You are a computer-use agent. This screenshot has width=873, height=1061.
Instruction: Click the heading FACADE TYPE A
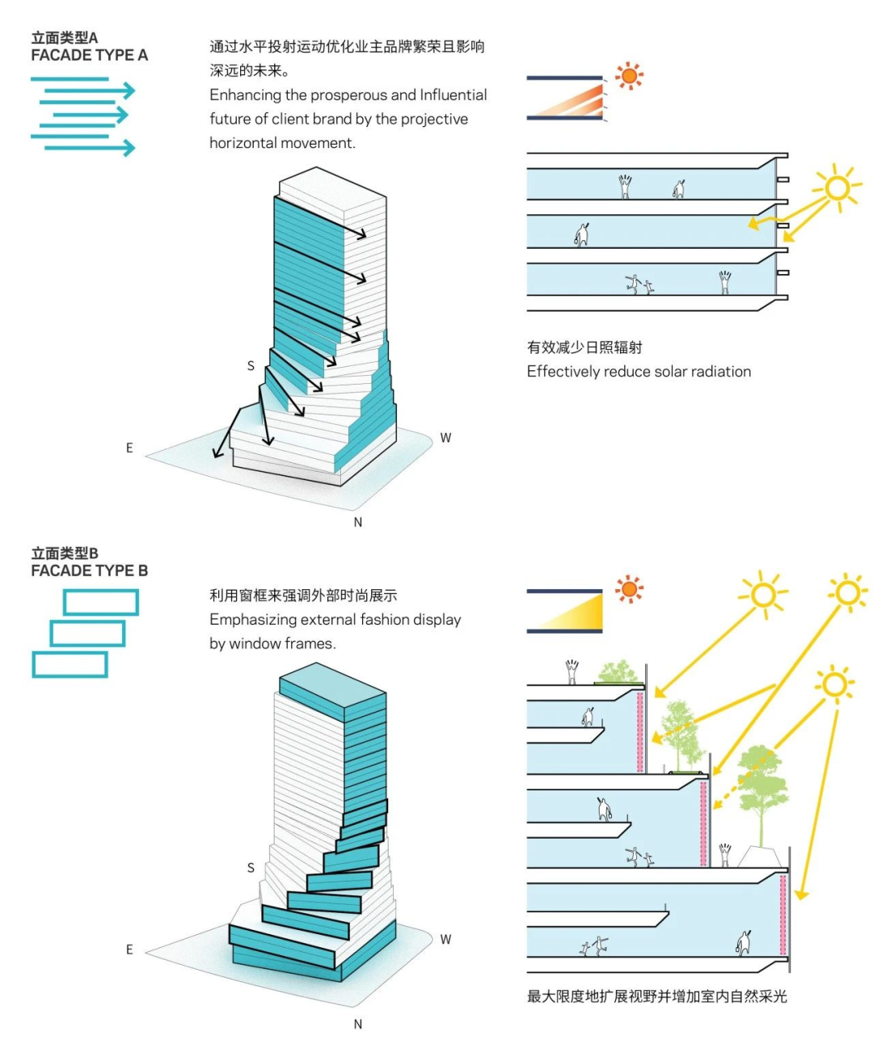[x=89, y=55]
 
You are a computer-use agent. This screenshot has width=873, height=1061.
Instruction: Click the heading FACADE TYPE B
[x=89, y=570]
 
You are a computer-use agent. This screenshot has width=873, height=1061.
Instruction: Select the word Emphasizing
[x=253, y=620]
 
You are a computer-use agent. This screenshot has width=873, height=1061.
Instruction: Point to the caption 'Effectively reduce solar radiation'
[x=639, y=372]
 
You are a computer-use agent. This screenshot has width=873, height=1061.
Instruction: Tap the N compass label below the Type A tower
[x=358, y=523]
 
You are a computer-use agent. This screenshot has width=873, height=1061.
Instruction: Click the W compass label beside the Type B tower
[x=445, y=939]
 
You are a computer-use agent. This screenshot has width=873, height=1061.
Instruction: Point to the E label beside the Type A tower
[x=129, y=448]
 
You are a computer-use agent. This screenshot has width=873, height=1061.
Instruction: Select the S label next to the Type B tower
[x=251, y=868]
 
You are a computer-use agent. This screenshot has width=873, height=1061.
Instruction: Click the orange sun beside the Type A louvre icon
[x=629, y=76]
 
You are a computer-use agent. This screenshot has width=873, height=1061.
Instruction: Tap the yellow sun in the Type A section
[x=837, y=188]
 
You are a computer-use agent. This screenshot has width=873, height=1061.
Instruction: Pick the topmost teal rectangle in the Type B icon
[x=101, y=602]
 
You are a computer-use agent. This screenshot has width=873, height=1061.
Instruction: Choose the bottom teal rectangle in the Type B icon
[x=70, y=664]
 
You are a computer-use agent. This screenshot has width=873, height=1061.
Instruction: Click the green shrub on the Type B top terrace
[x=618, y=672]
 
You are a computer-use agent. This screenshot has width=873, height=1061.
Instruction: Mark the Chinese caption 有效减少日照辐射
[x=584, y=347]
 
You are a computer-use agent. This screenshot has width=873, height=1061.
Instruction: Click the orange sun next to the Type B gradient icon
[x=629, y=589]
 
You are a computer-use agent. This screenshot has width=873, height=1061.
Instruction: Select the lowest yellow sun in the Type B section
[x=834, y=685]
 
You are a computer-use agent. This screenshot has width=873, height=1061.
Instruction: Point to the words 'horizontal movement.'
[x=282, y=143]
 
